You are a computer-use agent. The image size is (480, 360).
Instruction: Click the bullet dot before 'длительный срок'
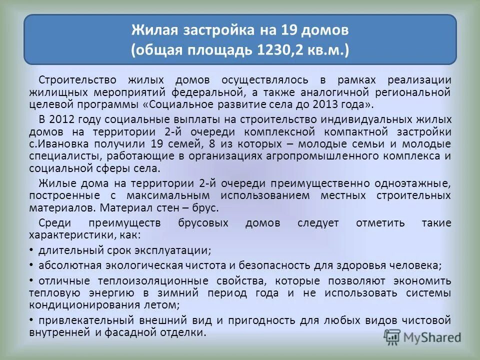tap(31, 249)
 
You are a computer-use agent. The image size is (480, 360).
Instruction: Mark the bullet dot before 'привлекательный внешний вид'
tap(31, 319)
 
